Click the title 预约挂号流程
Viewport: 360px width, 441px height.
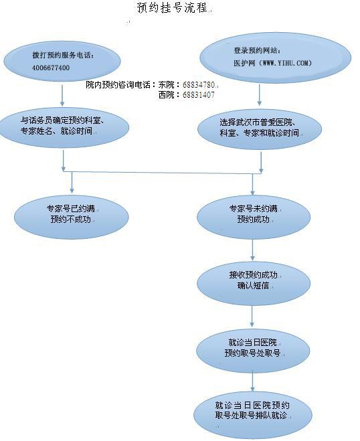tap(173, 7)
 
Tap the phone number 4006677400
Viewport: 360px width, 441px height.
tap(51, 68)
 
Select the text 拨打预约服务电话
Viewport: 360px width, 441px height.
tap(62, 55)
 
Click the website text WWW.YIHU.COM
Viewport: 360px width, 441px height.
tap(285, 63)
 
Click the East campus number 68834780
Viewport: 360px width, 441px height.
tap(199, 85)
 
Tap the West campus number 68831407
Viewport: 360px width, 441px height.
tap(199, 95)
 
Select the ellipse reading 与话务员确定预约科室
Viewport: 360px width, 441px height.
tap(64, 127)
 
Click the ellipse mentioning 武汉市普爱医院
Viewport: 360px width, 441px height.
tap(260, 129)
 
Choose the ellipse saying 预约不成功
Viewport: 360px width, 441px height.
tap(72, 217)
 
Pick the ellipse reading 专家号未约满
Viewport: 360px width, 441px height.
tap(254, 217)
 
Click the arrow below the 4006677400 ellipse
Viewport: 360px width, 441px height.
tap(62, 95)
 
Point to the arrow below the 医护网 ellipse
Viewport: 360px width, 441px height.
tap(260, 95)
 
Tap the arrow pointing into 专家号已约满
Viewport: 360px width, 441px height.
tap(72, 183)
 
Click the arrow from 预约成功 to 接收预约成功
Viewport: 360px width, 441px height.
tap(252, 250)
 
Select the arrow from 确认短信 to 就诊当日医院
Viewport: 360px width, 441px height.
tap(252, 316)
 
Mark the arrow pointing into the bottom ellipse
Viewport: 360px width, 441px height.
tap(252, 381)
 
